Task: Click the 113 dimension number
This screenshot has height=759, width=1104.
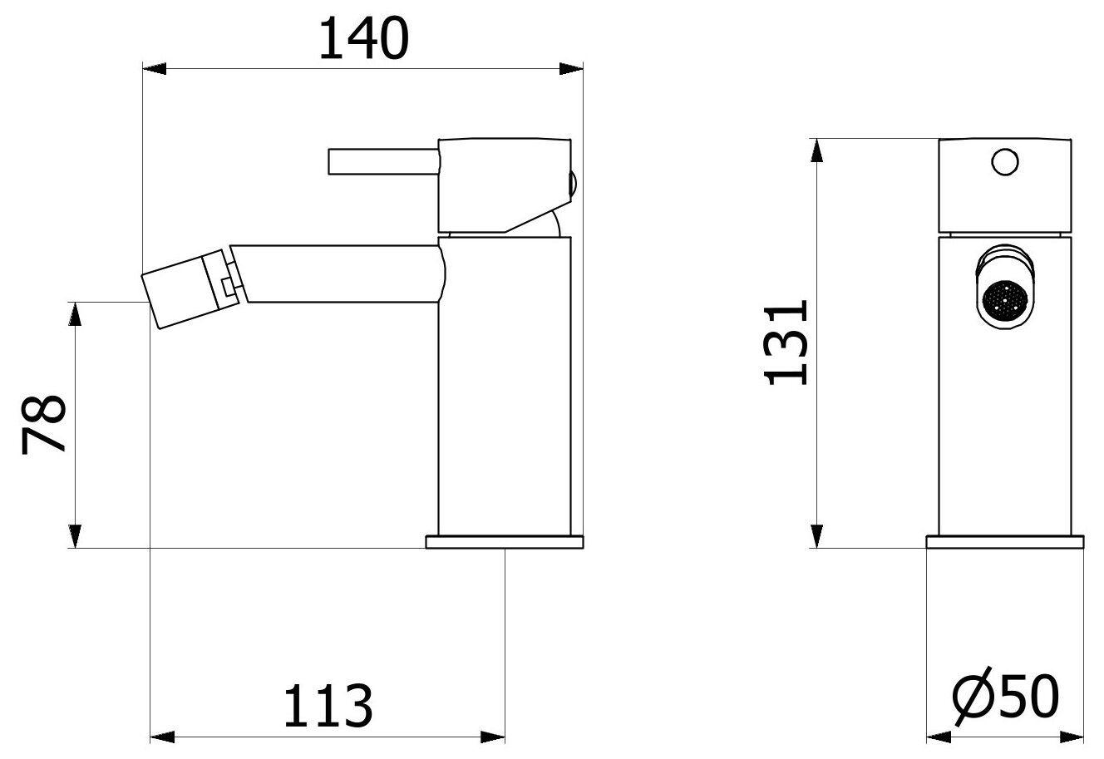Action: tap(328, 706)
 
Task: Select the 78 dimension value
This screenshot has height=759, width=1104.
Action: tap(43, 424)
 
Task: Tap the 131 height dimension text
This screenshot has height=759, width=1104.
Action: tap(786, 343)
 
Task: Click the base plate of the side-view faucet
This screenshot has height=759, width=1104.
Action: tap(504, 542)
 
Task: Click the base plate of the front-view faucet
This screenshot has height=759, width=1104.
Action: tap(1006, 542)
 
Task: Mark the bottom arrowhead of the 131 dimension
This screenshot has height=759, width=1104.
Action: tap(819, 535)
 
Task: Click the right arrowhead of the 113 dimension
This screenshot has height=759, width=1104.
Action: tap(494, 737)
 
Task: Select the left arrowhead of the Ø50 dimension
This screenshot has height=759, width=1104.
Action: tap(939, 737)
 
